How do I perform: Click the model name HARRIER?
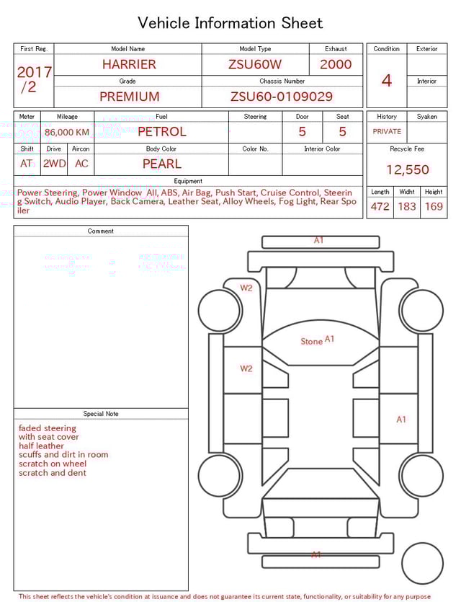point(129,64)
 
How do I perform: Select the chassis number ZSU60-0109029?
point(282,97)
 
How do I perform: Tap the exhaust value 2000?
point(336,64)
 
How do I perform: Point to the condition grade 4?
point(387,80)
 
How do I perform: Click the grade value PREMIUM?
point(130,97)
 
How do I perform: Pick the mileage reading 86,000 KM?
point(67,133)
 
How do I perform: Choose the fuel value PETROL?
point(162,132)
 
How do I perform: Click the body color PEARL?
point(162,164)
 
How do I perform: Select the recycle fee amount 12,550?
point(407,170)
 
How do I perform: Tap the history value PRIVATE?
point(387,132)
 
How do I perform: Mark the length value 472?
point(380,207)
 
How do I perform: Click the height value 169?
point(434,207)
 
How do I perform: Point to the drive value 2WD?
point(54,164)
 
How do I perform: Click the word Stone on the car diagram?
point(311,341)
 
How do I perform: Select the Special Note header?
point(101,414)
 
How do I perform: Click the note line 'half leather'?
point(41,446)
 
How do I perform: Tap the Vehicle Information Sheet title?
point(230,23)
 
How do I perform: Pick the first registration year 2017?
point(34,73)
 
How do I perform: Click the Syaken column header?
point(426,116)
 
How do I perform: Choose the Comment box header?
point(101,231)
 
